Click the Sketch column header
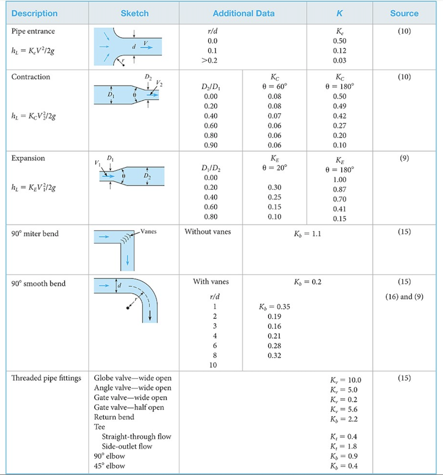click(x=135, y=13)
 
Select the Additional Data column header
click(x=244, y=13)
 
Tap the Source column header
click(x=404, y=13)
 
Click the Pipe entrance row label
click(x=33, y=32)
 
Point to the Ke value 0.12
click(x=340, y=51)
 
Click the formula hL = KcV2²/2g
click(x=32, y=116)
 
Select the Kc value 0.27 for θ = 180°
click(x=340, y=126)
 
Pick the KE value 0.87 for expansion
click(x=340, y=189)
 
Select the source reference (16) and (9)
click(x=404, y=297)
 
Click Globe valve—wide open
click(x=133, y=378)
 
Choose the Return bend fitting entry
click(x=114, y=417)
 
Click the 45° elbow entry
click(x=109, y=466)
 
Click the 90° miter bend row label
click(x=35, y=234)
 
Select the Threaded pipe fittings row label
click(x=46, y=378)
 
